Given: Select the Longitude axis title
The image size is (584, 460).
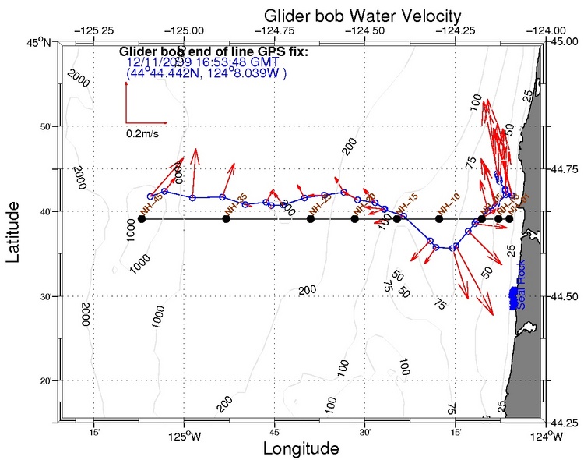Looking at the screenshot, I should pyautogui.click(x=301, y=449).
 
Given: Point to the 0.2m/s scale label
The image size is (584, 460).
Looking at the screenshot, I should pyautogui.click(x=142, y=133).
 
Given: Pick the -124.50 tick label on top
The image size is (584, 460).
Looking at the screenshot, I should pyautogui.click(x=363, y=31).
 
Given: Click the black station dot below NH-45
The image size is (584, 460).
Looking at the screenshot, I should pyautogui.click(x=141, y=219).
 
